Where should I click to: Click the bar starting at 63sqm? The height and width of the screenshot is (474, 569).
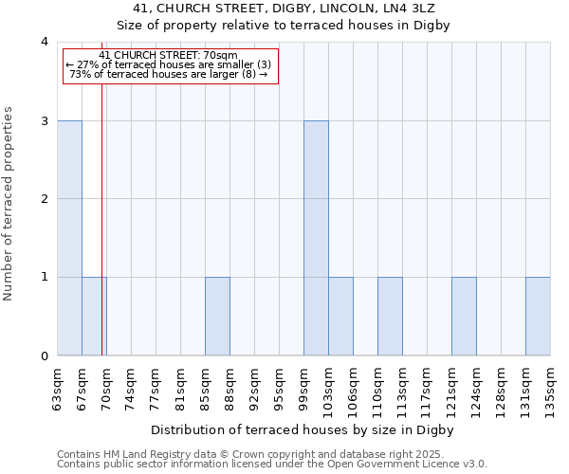(x=69, y=238)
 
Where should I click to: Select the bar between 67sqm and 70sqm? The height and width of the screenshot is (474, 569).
(x=94, y=316)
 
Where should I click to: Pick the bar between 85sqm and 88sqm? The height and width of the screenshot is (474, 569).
(x=217, y=316)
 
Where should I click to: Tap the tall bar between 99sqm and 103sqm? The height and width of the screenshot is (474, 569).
(x=316, y=238)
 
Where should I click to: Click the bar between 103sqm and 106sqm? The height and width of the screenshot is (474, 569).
(x=340, y=316)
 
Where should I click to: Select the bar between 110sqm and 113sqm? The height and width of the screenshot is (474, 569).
(x=390, y=316)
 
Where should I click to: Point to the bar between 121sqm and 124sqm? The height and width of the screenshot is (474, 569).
(x=464, y=316)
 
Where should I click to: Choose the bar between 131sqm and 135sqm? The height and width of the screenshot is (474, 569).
(x=538, y=316)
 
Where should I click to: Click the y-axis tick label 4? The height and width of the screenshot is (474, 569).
(x=44, y=42)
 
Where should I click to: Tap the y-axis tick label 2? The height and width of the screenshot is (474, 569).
(x=44, y=199)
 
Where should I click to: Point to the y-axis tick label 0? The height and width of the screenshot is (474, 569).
(x=44, y=355)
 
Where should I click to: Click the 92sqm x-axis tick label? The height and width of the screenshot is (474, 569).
(x=254, y=389)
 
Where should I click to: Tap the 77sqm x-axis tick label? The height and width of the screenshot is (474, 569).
(x=156, y=389)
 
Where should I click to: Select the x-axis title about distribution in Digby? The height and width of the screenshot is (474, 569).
(x=303, y=429)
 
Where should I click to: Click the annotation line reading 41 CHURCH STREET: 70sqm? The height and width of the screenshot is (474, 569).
(x=168, y=55)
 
